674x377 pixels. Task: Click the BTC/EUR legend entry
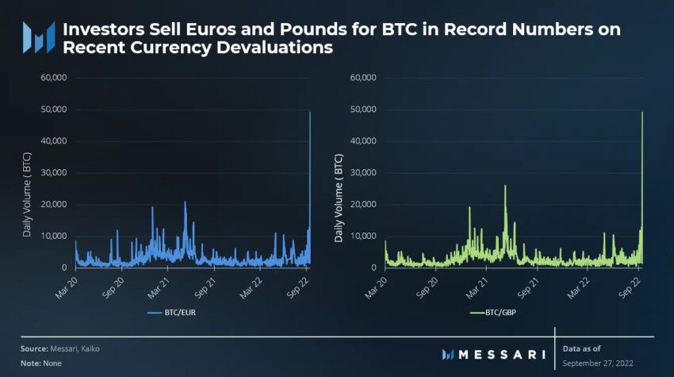click(171, 313)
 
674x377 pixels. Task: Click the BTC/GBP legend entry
click(493, 313)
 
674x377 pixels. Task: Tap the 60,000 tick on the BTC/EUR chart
click(54, 78)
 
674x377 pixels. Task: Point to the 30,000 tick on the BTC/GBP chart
click(363, 172)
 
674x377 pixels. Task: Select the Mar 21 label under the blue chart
click(158, 288)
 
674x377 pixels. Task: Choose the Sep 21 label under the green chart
click(527, 288)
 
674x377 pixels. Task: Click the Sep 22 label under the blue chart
click(297, 288)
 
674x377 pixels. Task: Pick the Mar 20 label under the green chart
click(375, 288)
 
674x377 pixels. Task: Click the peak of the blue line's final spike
click(310, 112)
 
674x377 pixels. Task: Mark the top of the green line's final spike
click(642, 112)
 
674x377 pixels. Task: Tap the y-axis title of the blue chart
click(27, 194)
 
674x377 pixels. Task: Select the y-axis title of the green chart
click(339, 198)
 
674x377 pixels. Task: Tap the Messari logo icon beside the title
click(39, 37)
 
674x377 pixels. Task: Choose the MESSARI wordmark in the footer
click(493, 355)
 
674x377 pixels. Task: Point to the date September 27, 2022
click(598, 364)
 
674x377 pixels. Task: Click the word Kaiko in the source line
click(90, 348)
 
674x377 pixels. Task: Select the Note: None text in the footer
click(40, 364)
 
